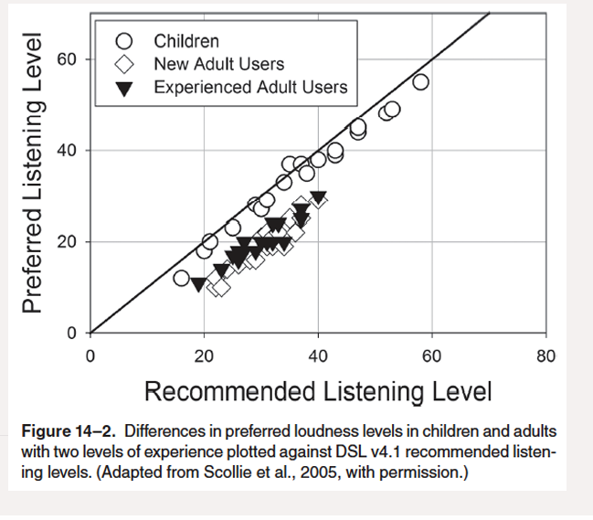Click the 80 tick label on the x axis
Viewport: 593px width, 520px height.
(x=545, y=356)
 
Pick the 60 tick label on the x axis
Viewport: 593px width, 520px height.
(x=431, y=356)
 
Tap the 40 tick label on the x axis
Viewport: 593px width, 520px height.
(x=318, y=356)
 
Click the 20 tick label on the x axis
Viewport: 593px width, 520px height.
(x=204, y=356)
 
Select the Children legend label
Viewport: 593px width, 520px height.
(x=186, y=41)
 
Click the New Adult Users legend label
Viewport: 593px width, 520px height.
(x=218, y=64)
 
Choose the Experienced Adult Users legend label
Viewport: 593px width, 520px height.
(x=250, y=88)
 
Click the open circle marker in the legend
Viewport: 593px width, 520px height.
(x=127, y=41)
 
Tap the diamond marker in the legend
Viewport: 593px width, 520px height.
(x=127, y=65)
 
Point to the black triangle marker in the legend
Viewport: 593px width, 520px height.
(x=127, y=89)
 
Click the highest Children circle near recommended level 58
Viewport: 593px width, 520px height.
(x=420, y=82)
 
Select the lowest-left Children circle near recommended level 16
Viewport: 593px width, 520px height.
(x=182, y=278)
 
